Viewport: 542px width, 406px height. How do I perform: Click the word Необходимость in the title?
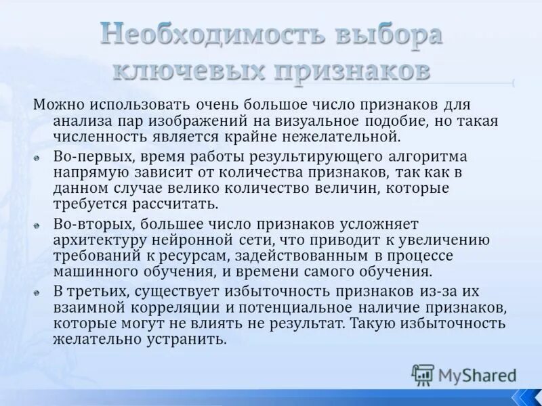pyautogui.click(x=201, y=35)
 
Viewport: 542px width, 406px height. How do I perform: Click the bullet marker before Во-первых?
pyautogui.click(x=39, y=157)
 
